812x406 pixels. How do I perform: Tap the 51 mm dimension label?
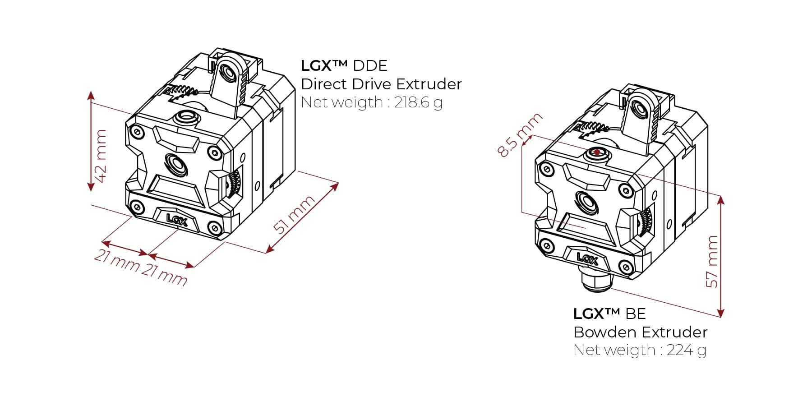294,215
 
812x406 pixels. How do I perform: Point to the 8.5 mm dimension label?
520,135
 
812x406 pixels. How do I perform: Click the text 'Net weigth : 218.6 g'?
371,103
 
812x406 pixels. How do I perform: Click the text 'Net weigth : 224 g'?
639,350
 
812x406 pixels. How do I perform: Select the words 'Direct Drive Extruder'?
381,84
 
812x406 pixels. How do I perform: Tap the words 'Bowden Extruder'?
640,332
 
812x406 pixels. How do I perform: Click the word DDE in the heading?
370,66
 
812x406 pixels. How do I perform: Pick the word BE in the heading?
636,314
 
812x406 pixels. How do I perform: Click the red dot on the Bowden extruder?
597,152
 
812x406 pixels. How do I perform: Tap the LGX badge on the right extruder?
587,258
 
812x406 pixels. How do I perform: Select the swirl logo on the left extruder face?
176,163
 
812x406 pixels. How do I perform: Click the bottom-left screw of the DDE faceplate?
136,207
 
